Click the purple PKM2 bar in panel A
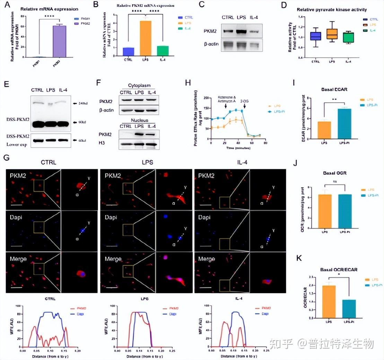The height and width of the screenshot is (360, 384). [x=59, y=41]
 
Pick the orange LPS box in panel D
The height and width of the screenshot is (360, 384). [x=332, y=34]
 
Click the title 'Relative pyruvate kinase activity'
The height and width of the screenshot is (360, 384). [x=332, y=9]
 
